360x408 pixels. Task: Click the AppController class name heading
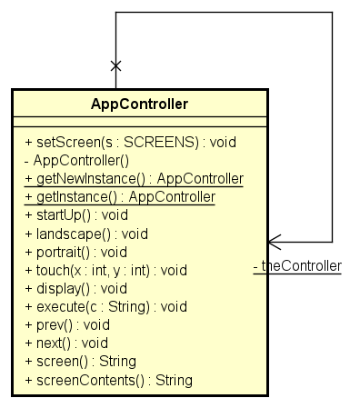(x=139, y=104)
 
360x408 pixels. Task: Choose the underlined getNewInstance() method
(x=135, y=179)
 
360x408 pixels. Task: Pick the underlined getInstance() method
(x=120, y=197)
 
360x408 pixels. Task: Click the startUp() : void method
(x=76, y=215)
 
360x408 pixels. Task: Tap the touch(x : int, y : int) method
(x=105, y=270)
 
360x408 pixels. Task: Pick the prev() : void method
(x=67, y=324)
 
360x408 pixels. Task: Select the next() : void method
(x=66, y=343)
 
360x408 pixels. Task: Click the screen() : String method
(x=80, y=361)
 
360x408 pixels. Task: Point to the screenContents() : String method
(x=109, y=379)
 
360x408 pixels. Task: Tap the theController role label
(x=297, y=266)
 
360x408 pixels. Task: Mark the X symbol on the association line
(x=115, y=65)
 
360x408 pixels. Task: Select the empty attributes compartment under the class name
(x=139, y=123)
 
